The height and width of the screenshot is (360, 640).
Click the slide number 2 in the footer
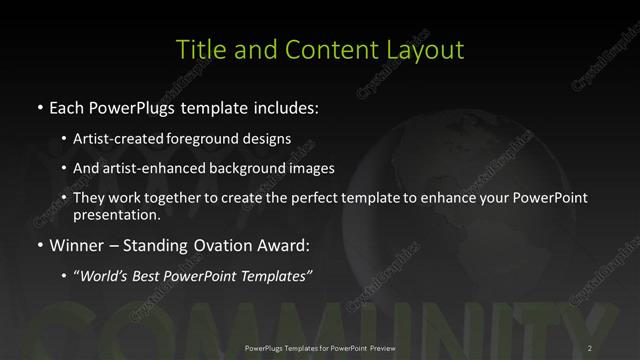pyautogui.click(x=590, y=347)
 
